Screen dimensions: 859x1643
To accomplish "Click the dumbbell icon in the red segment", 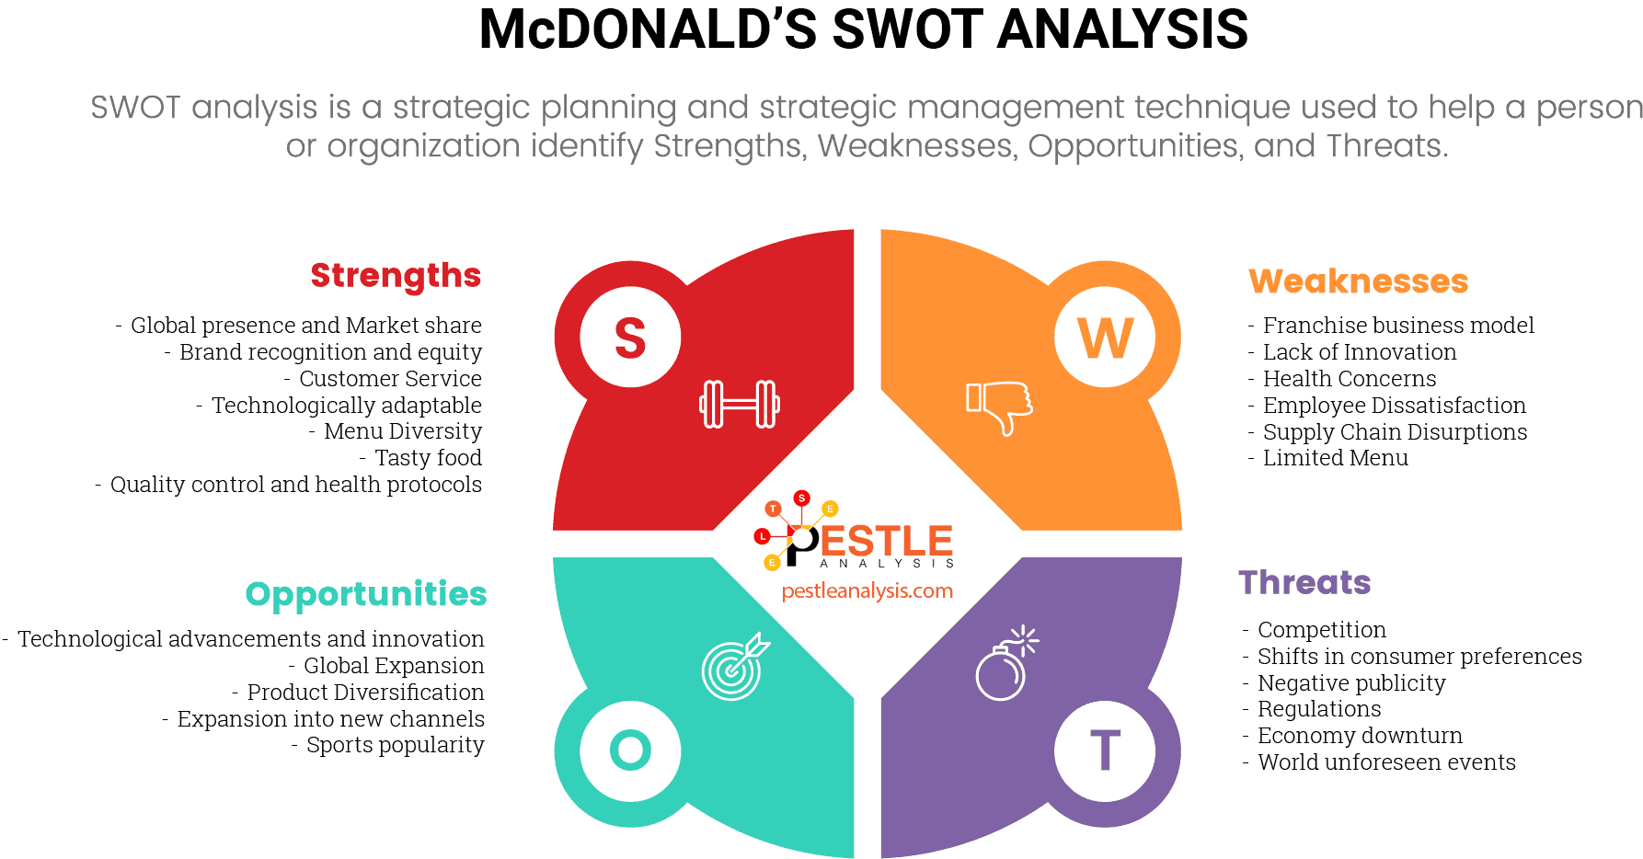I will pyautogui.click(x=740, y=404).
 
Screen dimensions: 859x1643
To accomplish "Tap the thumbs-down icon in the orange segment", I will pyautogui.click(x=999, y=407).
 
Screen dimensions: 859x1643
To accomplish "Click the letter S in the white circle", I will pyautogui.click(x=630, y=338).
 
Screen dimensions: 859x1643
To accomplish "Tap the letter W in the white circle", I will pyautogui.click(x=1105, y=338).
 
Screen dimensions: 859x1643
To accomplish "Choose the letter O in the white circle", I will pyautogui.click(x=630, y=750).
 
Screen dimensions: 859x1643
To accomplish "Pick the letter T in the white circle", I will pyautogui.click(x=1105, y=750).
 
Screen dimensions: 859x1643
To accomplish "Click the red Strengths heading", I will pyautogui.click(x=396, y=275).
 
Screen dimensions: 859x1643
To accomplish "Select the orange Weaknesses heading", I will pyautogui.click(x=1358, y=281).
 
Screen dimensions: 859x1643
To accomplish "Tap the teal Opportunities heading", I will pyautogui.click(x=366, y=595).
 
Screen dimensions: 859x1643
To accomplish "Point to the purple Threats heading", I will pyautogui.click(x=1304, y=583).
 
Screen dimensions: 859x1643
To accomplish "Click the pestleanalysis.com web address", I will pyautogui.click(x=867, y=591).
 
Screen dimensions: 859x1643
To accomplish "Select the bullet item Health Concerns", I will pyautogui.click(x=1349, y=379).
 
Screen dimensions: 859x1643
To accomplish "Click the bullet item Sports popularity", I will pyautogui.click(x=395, y=745).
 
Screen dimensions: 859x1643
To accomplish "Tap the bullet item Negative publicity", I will pyautogui.click(x=1351, y=683).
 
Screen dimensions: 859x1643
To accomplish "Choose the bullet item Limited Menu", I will pyautogui.click(x=1335, y=458).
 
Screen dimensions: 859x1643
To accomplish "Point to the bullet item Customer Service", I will pyautogui.click(x=390, y=379).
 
